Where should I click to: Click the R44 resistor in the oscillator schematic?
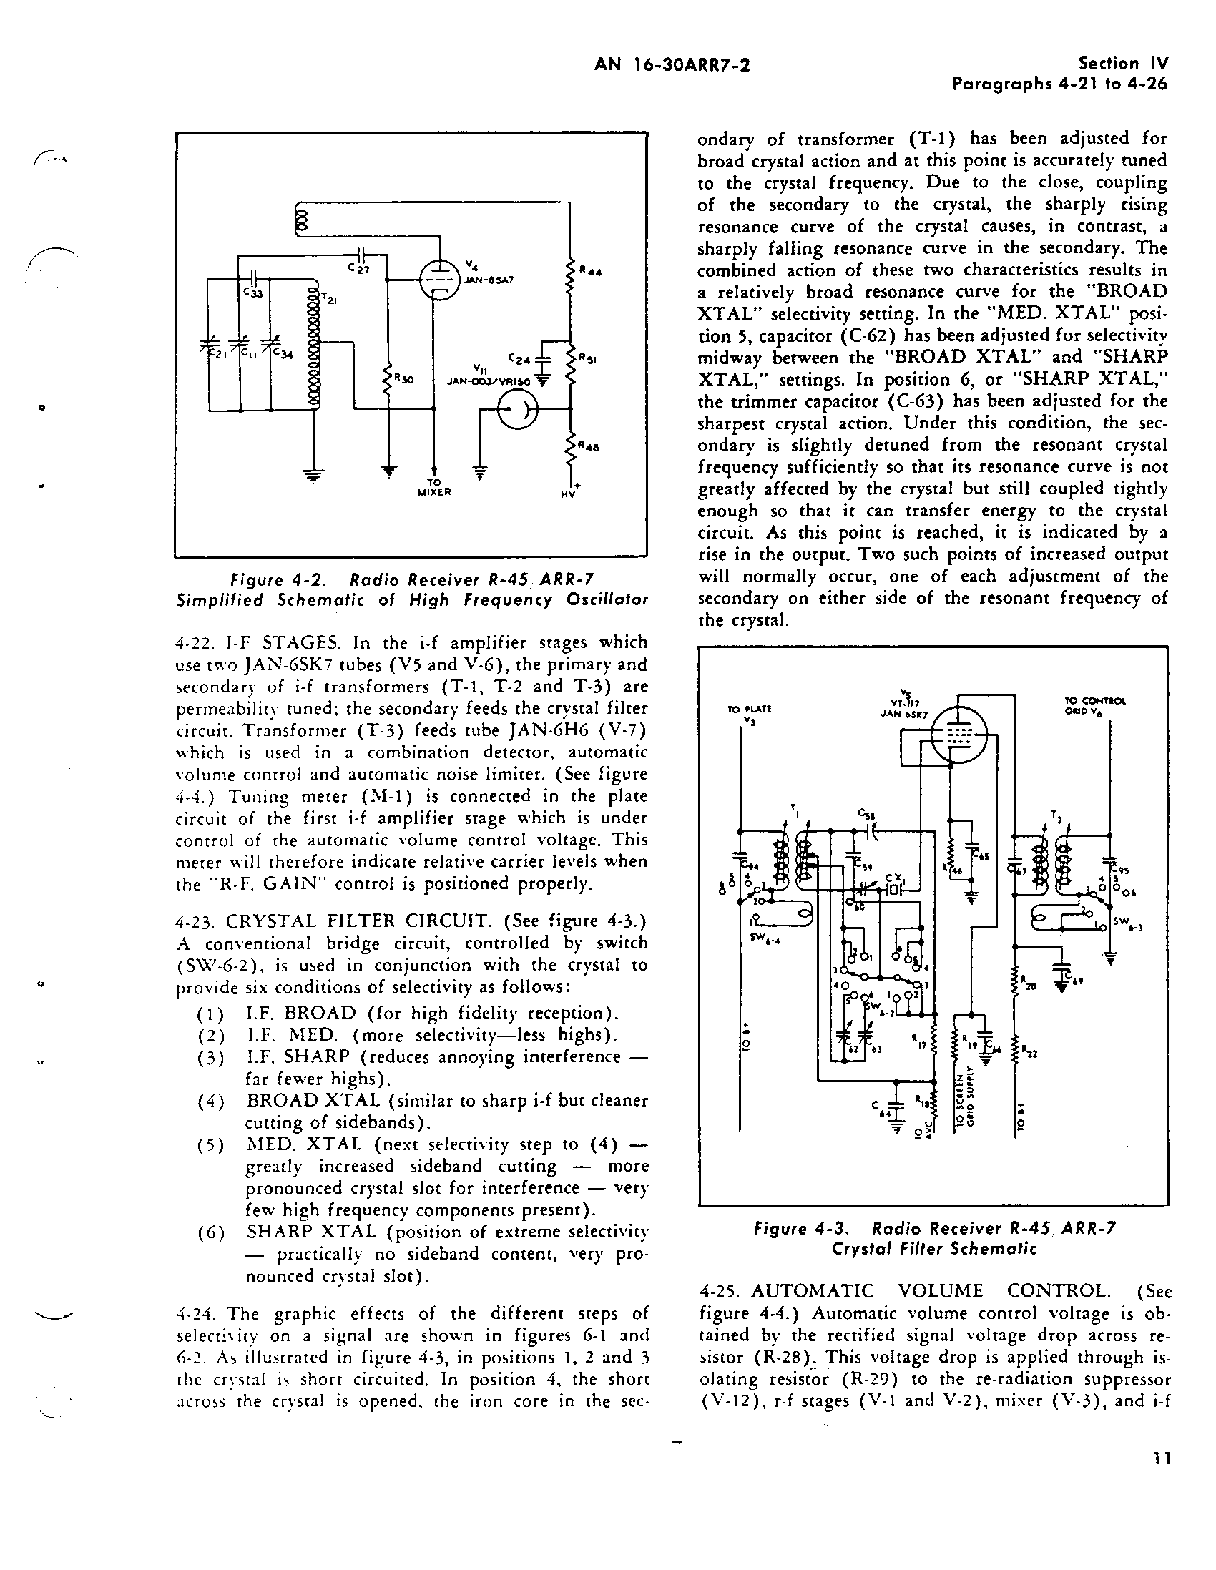(571, 278)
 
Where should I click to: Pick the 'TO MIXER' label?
(433, 487)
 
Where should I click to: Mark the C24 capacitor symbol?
(544, 360)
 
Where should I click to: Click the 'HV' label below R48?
(570, 494)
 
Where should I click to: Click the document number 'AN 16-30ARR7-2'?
(672, 65)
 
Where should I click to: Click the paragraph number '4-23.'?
(195, 921)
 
